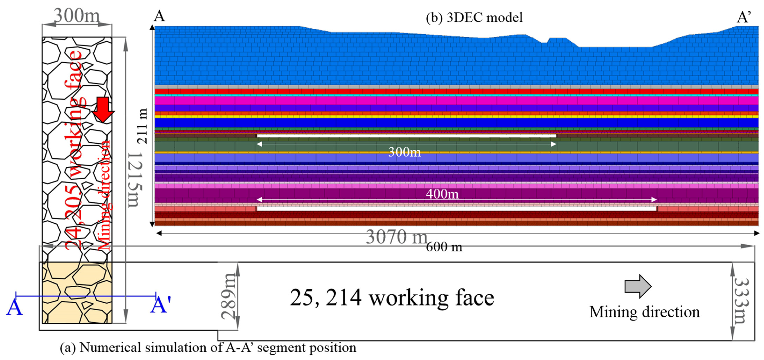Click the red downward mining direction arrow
click(x=103, y=109)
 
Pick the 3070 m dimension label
click(x=396, y=237)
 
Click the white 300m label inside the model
click(x=405, y=152)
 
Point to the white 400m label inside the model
click(x=442, y=194)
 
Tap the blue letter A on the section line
click(x=14, y=308)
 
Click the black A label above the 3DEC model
click(x=159, y=16)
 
